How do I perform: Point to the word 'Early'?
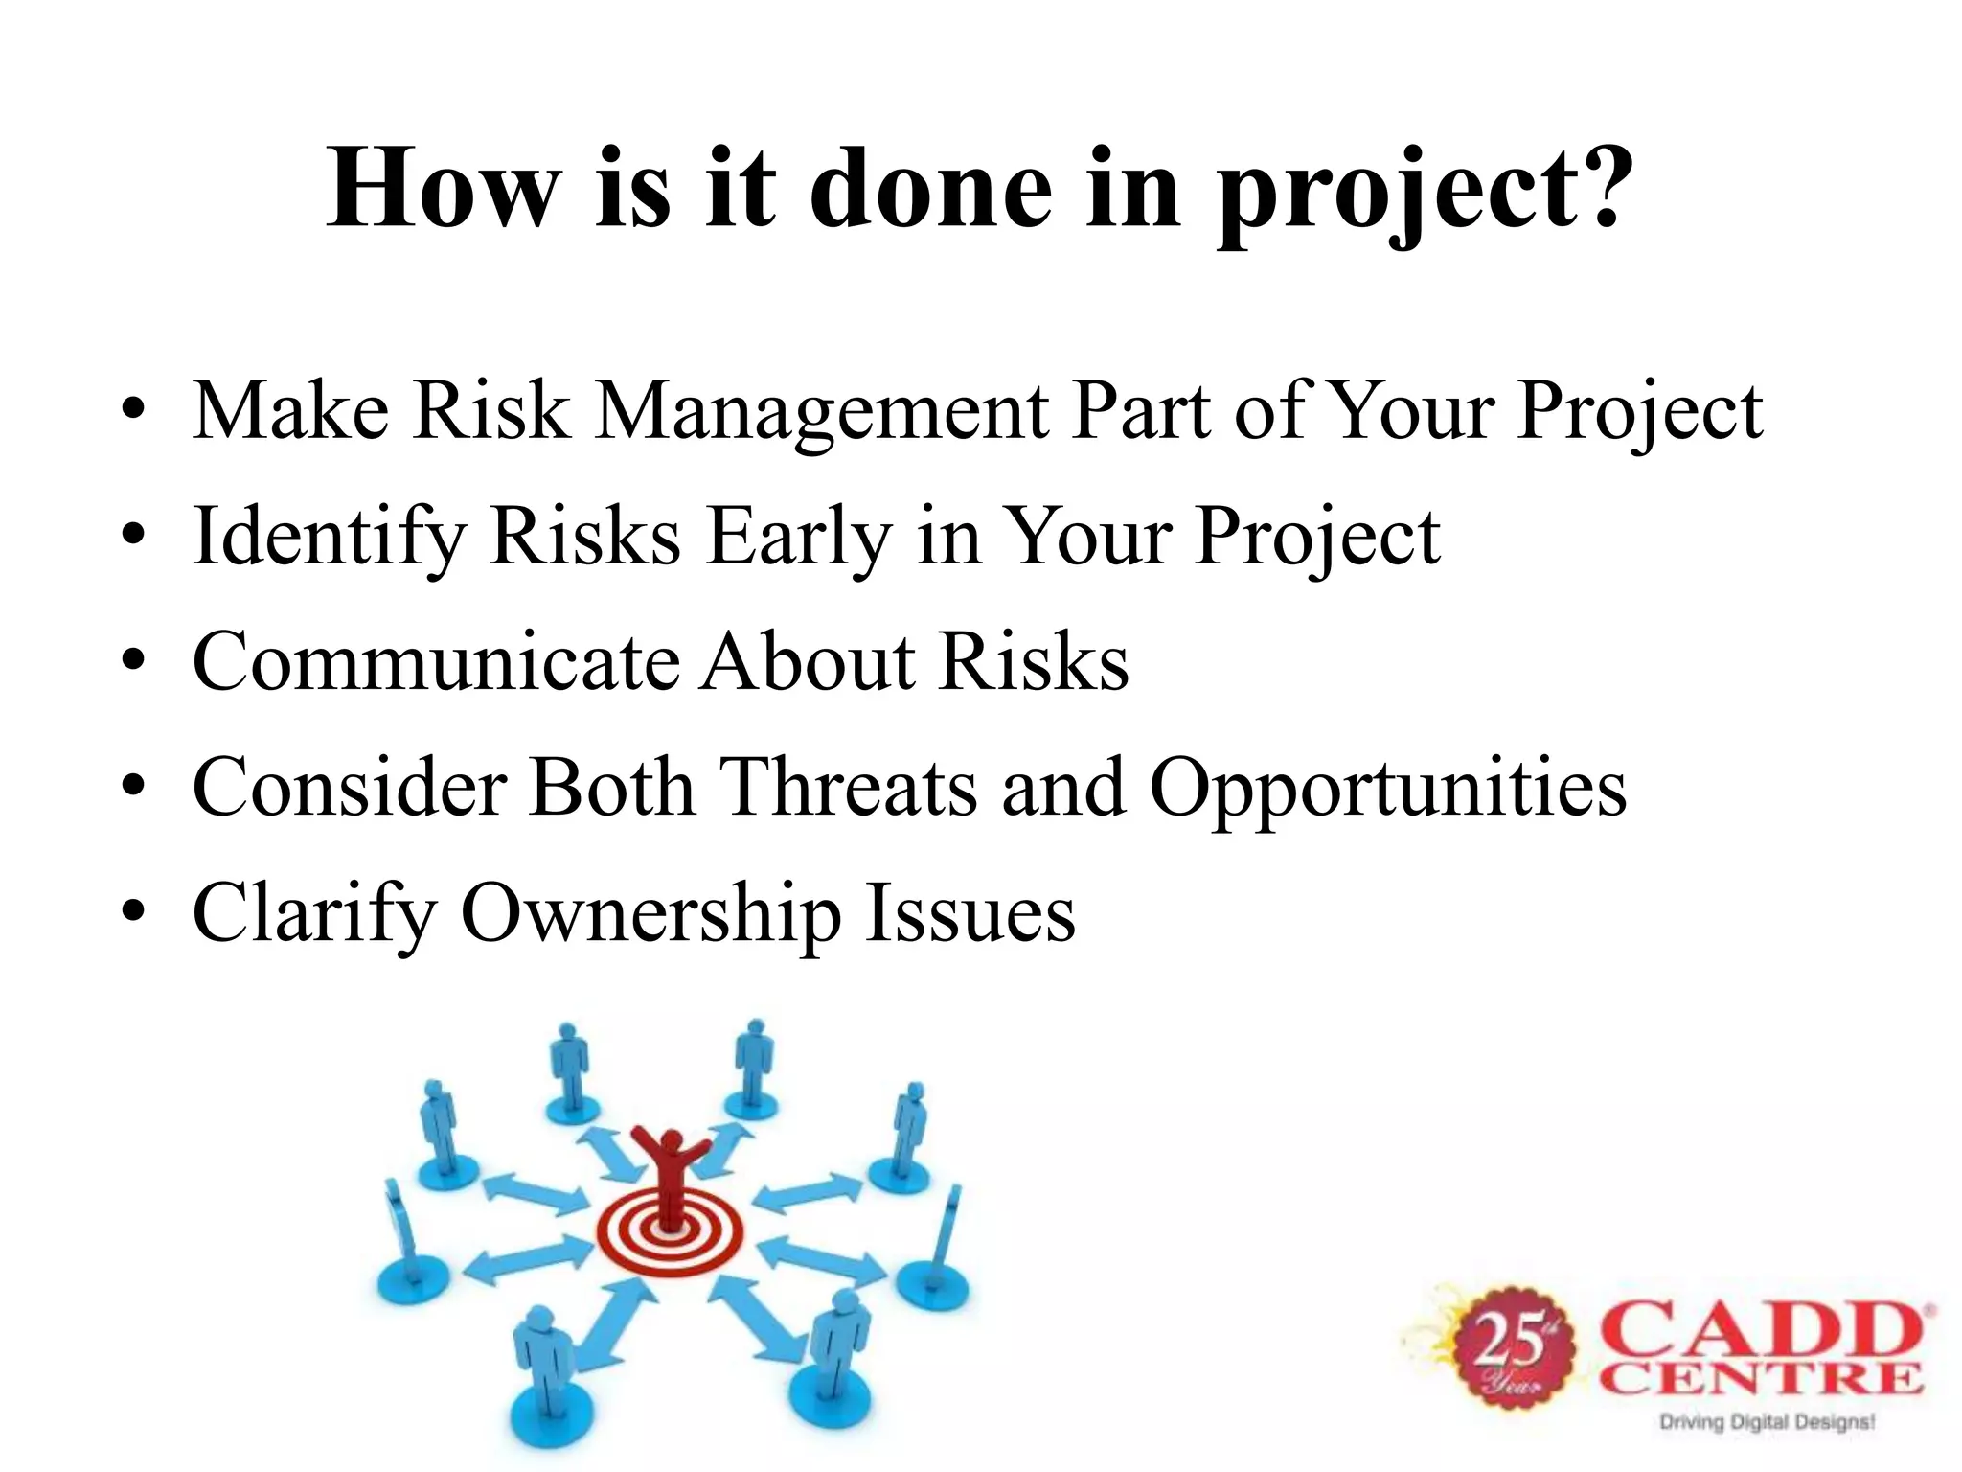[x=799, y=538]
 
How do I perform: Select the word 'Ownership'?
[x=650, y=913]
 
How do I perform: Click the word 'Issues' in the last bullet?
[x=970, y=913]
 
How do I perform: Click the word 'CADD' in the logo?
[x=1763, y=1332]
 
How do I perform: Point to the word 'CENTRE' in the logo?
[x=1761, y=1380]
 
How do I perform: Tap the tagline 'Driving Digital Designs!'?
[x=1767, y=1422]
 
